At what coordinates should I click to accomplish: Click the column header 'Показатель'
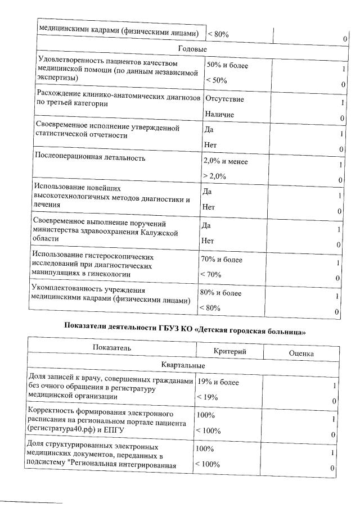click(112, 348)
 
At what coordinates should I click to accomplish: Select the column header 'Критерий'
click(230, 351)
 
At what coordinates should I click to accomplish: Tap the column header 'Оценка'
click(301, 353)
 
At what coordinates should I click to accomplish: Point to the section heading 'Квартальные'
click(183, 365)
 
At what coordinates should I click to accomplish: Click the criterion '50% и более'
click(227, 65)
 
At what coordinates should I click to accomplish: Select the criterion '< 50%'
click(217, 80)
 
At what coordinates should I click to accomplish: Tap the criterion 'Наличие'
click(219, 115)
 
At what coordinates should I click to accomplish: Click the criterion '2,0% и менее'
click(225, 162)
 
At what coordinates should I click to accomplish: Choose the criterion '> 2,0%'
click(214, 176)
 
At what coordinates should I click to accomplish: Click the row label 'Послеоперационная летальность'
click(89, 158)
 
